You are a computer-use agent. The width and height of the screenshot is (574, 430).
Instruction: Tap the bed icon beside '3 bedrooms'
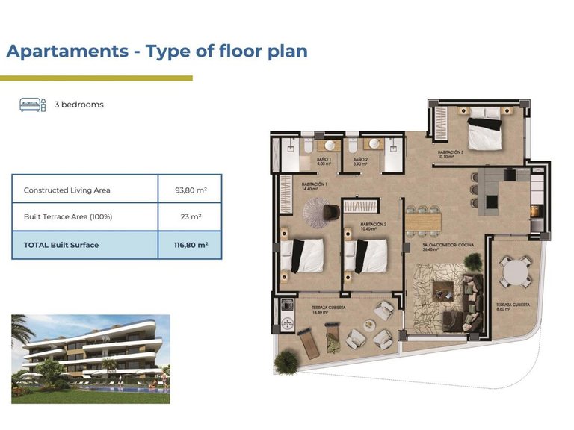[x=32, y=105]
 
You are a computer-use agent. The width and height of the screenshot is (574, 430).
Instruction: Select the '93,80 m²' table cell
[x=190, y=190]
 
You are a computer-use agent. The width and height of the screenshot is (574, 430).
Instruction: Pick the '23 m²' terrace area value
[x=190, y=217]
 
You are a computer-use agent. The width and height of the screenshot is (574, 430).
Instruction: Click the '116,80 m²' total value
[x=190, y=245]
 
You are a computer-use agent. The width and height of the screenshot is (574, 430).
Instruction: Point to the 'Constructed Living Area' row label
[x=67, y=190]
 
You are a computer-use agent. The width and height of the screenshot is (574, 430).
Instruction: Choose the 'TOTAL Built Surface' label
[x=61, y=245]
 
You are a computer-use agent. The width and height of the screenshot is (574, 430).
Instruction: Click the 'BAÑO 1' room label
[x=324, y=159]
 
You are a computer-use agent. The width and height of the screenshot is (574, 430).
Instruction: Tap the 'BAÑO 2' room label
[x=360, y=159]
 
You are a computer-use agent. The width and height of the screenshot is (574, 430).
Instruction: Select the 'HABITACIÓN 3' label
[x=451, y=154]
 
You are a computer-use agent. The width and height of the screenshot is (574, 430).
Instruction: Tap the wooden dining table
[x=424, y=221]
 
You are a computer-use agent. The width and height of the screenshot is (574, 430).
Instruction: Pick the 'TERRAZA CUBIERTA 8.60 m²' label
[x=513, y=306]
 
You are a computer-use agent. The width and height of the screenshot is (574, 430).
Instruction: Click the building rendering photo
[x=90, y=358]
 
